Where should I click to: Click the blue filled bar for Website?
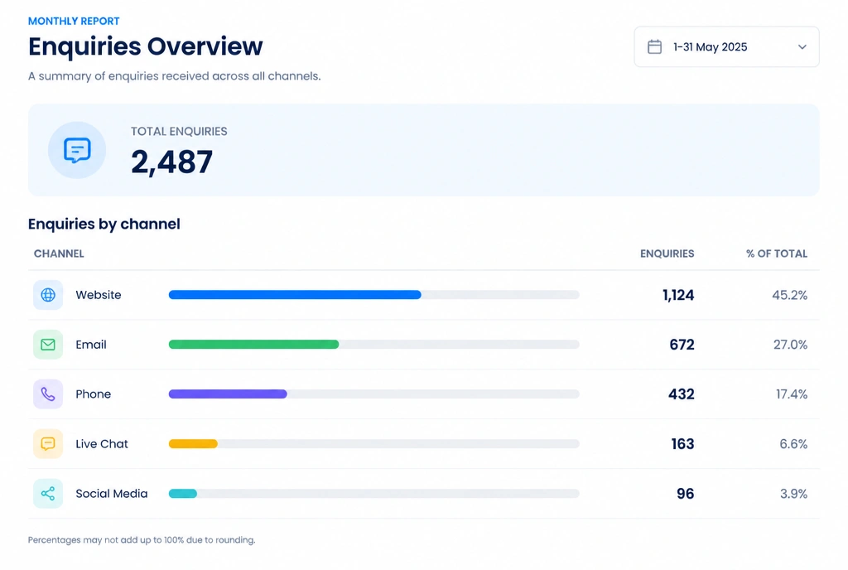tap(295, 295)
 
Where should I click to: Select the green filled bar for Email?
tap(253, 345)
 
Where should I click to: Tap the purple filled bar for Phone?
tap(228, 394)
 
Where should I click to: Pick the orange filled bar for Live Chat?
tap(193, 444)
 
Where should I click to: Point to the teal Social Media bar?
tap(183, 494)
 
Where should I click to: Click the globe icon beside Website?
tap(48, 295)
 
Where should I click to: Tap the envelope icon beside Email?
tap(48, 345)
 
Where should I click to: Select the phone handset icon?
tap(48, 394)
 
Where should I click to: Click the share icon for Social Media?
tap(48, 493)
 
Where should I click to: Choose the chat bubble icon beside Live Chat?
tap(48, 444)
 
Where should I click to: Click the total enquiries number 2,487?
tap(172, 162)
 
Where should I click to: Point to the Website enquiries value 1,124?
tap(678, 295)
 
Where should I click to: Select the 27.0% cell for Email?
tap(790, 345)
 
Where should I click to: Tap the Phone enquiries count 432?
tap(682, 394)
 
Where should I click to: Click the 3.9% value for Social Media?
tap(793, 494)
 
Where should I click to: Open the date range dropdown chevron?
tap(802, 47)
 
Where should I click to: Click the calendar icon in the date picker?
tap(654, 46)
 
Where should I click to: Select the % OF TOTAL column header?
tap(777, 254)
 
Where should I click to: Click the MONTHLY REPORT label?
tap(74, 21)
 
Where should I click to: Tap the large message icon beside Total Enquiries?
tap(77, 150)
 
